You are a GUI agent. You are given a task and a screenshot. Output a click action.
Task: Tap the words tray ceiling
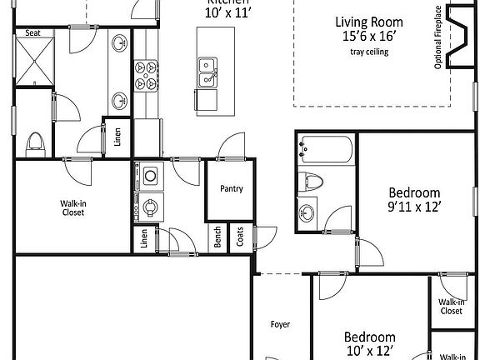point(369,52)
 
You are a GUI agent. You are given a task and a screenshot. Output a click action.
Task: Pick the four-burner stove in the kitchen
point(147,73)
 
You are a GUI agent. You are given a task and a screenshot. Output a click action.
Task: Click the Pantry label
point(232,188)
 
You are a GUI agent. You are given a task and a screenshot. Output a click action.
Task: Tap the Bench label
point(217,238)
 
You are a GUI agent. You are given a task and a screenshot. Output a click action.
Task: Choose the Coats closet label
point(240,238)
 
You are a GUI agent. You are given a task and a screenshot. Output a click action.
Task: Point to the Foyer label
point(280,324)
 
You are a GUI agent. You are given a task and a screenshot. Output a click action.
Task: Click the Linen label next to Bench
point(144,238)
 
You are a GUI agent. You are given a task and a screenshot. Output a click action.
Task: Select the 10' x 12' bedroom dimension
point(369,351)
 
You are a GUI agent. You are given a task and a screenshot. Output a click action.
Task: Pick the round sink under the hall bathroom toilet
point(308,212)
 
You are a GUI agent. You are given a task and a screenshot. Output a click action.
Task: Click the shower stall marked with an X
point(34,63)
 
